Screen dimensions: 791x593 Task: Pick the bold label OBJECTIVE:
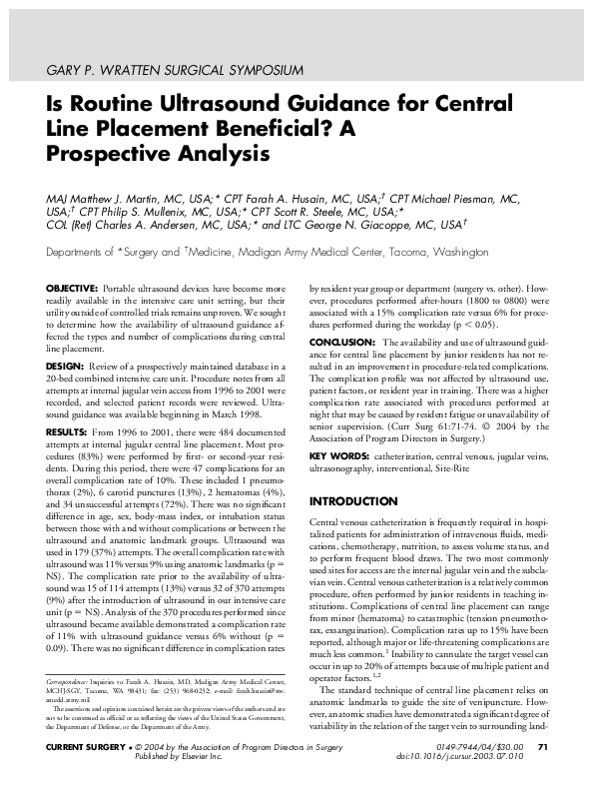click(71, 288)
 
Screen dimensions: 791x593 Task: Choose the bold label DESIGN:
click(65, 366)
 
